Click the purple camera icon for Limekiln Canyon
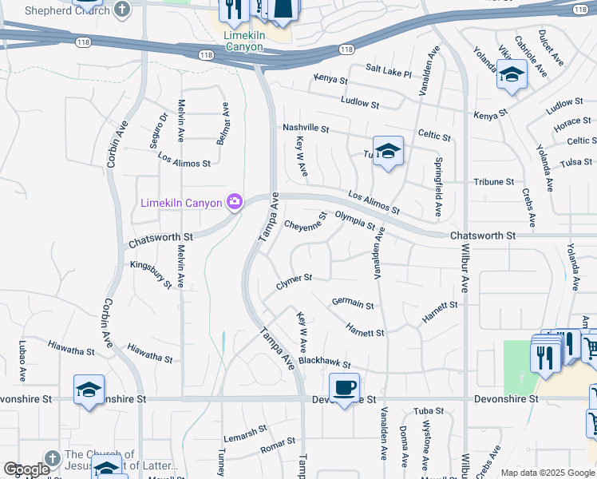(234, 202)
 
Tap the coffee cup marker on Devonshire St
(344, 389)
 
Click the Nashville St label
(306, 128)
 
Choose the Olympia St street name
(354, 220)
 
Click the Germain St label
(353, 303)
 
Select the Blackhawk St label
(325, 360)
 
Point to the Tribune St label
(494, 182)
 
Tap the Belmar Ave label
(223, 123)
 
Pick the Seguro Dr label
(162, 128)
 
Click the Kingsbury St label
(151, 273)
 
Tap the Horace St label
(571, 125)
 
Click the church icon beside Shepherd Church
(121, 10)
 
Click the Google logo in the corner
(26, 469)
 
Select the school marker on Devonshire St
(89, 390)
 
